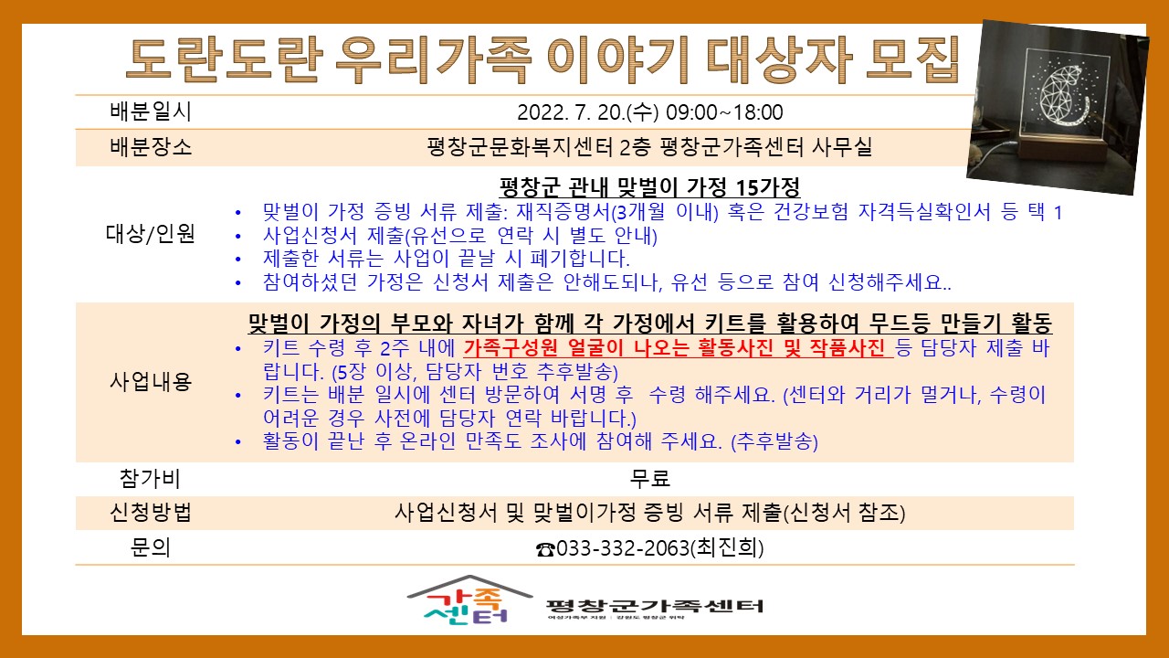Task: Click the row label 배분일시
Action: coord(151,111)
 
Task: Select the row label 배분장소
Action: coord(151,147)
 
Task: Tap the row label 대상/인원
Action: coord(151,233)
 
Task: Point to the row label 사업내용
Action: coord(151,381)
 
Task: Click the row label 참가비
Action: coord(150,478)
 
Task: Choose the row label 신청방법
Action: coord(151,513)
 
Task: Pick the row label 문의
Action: coord(151,547)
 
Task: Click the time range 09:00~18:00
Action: coord(725,112)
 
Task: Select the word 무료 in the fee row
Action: coord(649,478)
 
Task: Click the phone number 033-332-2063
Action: coord(623,548)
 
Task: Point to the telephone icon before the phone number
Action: coord(545,549)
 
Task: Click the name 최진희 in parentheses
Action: coord(727,547)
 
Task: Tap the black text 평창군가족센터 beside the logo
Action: coord(655,606)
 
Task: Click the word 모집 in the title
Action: coord(913,59)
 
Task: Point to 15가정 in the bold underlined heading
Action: coord(767,186)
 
